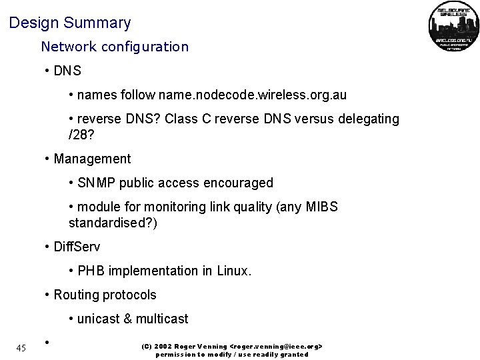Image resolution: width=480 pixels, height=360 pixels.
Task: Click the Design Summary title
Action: tap(70, 23)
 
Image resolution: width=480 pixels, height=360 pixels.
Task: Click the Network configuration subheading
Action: tap(115, 47)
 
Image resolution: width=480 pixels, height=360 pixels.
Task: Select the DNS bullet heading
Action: tap(67, 71)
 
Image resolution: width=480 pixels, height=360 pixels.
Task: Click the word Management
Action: tap(92, 159)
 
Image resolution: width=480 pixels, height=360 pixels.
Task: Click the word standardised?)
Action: tap(113, 223)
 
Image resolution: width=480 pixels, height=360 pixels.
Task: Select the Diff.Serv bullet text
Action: tap(77, 247)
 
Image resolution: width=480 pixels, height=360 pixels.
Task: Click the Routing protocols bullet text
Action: tap(105, 295)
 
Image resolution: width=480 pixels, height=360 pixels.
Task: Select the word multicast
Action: tap(162, 319)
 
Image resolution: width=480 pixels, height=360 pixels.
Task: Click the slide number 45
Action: tap(21, 347)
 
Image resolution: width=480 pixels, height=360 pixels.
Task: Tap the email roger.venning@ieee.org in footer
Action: tap(276, 347)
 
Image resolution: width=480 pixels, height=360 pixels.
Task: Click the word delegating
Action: tap(365, 119)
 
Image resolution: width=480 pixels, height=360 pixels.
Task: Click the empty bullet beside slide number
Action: tap(47, 343)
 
